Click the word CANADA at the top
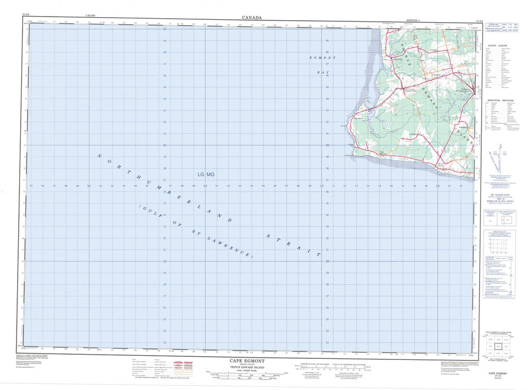pyautogui.click(x=251, y=17)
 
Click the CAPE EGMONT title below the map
pyautogui.click(x=247, y=359)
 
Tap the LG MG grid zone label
pyautogui.click(x=206, y=174)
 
